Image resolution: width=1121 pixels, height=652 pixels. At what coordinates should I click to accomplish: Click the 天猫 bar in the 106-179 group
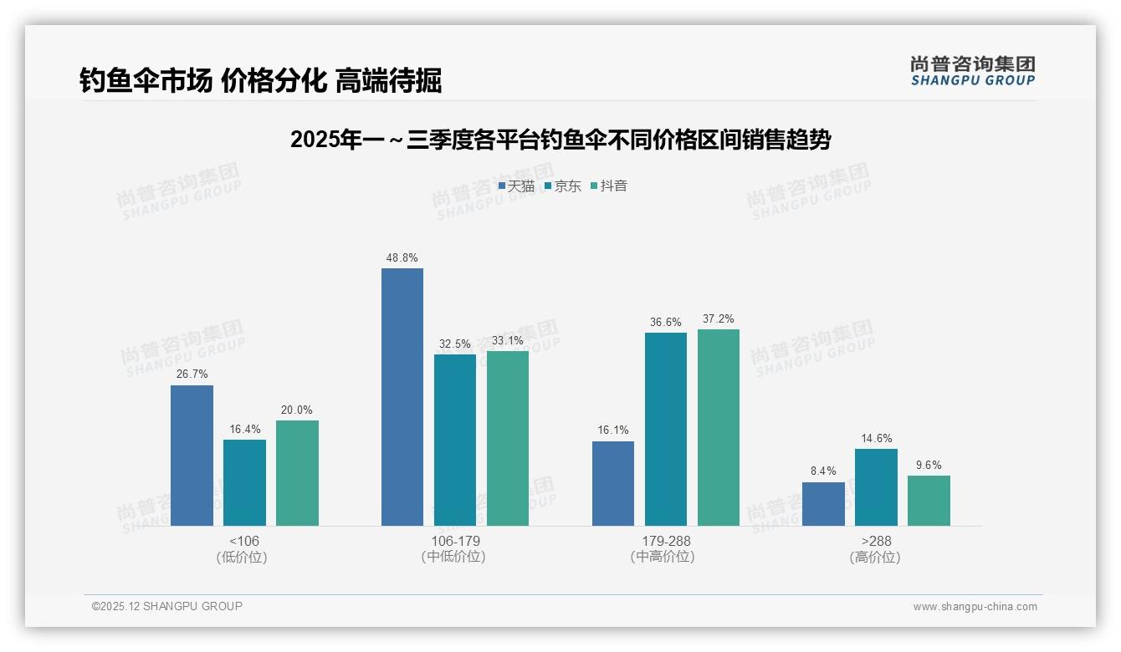[x=402, y=397]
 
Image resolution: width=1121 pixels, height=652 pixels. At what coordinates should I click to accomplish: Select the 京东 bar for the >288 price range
[x=876, y=487]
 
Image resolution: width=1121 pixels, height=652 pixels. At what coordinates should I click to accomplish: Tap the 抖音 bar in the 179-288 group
[x=719, y=427]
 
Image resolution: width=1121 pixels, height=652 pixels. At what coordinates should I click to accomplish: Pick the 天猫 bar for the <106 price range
[x=192, y=456]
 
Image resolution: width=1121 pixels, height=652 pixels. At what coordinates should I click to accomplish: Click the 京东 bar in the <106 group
[x=244, y=482]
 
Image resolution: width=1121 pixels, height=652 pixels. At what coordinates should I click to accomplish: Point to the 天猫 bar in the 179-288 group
[x=613, y=483]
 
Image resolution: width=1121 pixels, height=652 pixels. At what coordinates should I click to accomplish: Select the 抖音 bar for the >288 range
[x=929, y=501]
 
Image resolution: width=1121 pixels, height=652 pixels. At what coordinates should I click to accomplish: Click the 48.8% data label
[x=402, y=257]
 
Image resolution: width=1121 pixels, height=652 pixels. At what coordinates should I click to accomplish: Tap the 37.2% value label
[x=719, y=318]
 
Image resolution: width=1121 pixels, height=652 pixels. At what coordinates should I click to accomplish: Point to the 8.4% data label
[x=823, y=471]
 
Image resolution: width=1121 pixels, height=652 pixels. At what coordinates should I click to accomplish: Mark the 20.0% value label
[x=297, y=410]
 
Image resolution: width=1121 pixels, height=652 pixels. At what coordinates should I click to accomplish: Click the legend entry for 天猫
[x=516, y=186]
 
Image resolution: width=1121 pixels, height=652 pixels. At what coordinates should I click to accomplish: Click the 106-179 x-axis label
[x=455, y=541]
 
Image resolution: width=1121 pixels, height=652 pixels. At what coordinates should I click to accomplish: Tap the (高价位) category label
[x=876, y=557]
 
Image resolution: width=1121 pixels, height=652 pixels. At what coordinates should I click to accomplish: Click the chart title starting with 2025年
[x=560, y=140]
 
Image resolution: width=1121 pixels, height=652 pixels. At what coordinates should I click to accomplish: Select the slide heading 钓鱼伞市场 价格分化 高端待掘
[x=260, y=81]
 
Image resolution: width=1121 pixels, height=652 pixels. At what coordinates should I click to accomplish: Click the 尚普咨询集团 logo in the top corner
[x=972, y=70]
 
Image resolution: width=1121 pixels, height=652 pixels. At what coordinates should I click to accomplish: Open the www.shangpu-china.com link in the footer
[x=975, y=607]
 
